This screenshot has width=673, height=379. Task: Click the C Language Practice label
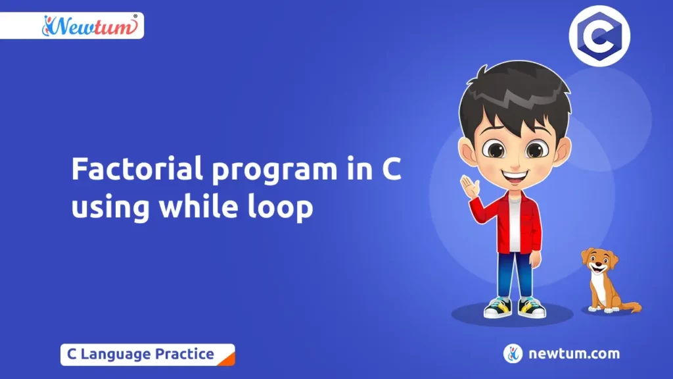pyautogui.click(x=141, y=354)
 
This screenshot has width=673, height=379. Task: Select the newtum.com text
pyautogui.click(x=574, y=354)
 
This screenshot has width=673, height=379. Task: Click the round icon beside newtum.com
pyautogui.click(x=513, y=354)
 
